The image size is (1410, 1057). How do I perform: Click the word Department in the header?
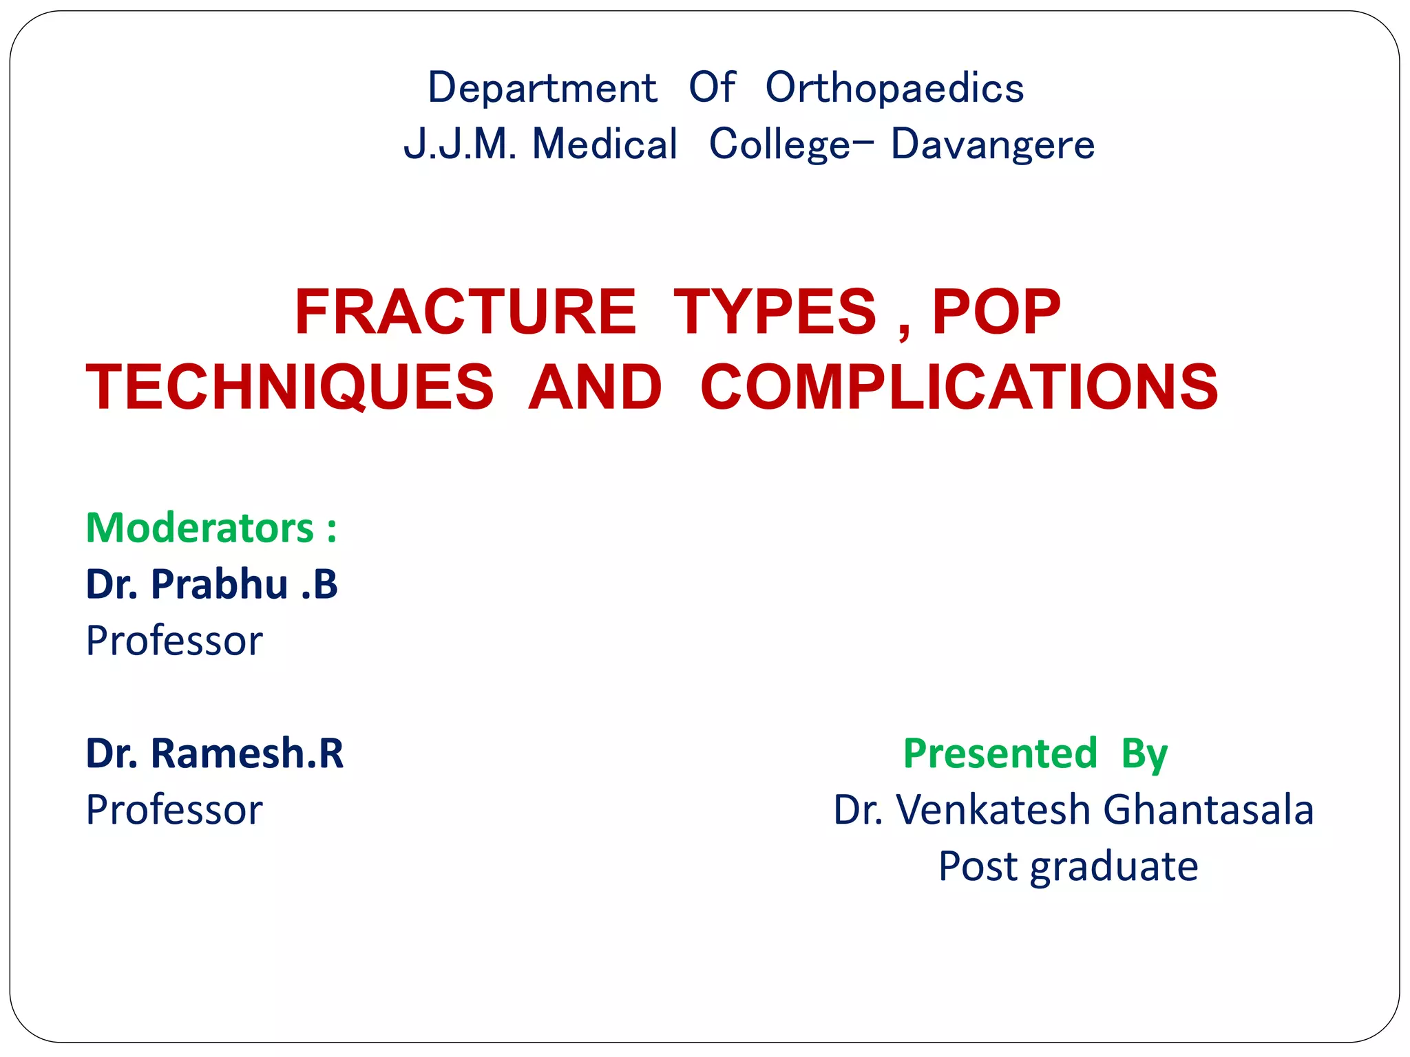tap(542, 88)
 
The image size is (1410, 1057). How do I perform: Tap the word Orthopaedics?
tap(894, 88)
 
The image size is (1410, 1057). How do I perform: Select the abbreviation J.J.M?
tap(459, 145)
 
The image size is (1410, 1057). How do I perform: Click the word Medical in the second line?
tap(604, 145)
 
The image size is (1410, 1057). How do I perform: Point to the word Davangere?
tap(992, 145)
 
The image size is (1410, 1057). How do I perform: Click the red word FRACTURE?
tap(465, 312)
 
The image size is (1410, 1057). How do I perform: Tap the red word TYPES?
tap(775, 312)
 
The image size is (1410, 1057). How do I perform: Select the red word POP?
tap(996, 312)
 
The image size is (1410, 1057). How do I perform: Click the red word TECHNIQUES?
tap(290, 387)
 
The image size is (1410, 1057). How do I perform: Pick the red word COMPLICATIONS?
tap(959, 387)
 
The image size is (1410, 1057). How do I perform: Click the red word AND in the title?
tap(595, 387)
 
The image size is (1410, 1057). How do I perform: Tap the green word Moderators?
tap(200, 528)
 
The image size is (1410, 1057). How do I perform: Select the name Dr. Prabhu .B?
tap(211, 584)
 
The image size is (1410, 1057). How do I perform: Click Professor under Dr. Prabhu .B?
tap(174, 641)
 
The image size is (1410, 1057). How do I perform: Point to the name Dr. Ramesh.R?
tap(214, 753)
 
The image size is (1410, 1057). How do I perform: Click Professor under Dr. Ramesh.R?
tap(174, 809)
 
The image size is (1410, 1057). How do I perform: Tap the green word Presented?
tap(1000, 753)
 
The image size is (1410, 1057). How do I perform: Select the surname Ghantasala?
tap(1208, 809)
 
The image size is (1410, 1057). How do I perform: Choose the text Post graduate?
tap(1068, 866)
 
